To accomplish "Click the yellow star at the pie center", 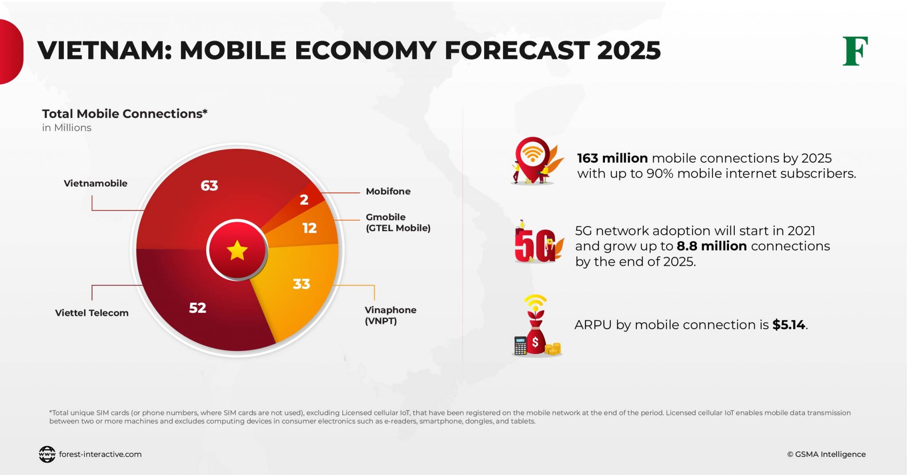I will [x=237, y=250].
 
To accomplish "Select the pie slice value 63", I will [x=209, y=185].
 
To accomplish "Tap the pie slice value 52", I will [x=198, y=308].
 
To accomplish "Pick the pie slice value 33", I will [x=302, y=284].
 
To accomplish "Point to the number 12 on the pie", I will [x=309, y=228].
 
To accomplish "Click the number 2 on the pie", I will [x=304, y=200].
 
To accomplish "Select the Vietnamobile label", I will [x=95, y=183].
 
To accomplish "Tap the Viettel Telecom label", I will [x=92, y=313].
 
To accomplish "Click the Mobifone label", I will [x=388, y=191].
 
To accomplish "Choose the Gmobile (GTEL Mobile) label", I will [x=397, y=222].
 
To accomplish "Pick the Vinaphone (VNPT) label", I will [x=390, y=315].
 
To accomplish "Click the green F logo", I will [x=855, y=51].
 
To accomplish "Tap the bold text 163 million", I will [x=612, y=158].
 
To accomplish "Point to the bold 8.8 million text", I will [x=711, y=246].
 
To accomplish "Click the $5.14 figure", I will [x=788, y=325].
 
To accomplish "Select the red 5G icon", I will [x=535, y=245].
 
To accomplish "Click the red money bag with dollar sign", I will [x=535, y=340].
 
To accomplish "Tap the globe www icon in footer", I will [x=47, y=454].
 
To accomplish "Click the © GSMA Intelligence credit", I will [x=826, y=454].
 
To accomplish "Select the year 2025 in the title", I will [x=628, y=50].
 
